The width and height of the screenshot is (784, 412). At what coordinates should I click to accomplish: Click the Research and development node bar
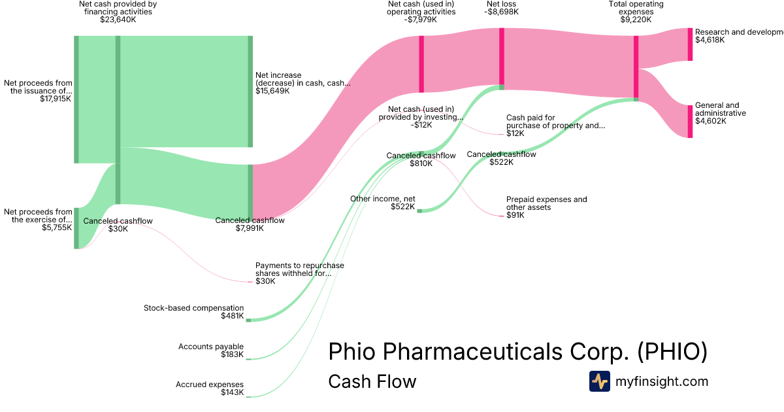[690, 44]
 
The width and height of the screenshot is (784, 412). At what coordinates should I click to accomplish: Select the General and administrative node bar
[690, 122]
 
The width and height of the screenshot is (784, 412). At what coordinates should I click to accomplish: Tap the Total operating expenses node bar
[636, 68]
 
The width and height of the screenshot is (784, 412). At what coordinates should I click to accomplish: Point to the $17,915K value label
[56, 99]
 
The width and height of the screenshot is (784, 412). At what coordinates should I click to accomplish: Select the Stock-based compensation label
[193, 308]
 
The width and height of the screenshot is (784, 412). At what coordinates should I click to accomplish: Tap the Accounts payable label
[211, 347]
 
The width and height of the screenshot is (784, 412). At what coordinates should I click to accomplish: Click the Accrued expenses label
[210, 385]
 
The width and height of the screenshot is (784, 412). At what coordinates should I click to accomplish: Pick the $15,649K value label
[272, 91]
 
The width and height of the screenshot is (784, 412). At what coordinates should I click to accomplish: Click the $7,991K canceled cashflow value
[250, 228]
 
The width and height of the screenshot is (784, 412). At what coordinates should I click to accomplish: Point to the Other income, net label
[383, 199]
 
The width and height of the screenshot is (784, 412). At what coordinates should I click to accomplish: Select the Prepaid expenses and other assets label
[546, 203]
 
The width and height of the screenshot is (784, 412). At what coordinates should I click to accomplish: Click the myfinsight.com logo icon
[599, 381]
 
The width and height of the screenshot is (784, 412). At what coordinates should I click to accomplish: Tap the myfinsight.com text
[662, 381]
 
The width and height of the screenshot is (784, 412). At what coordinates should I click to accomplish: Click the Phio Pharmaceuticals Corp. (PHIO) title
[517, 351]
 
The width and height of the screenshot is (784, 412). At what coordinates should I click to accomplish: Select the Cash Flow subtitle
[372, 381]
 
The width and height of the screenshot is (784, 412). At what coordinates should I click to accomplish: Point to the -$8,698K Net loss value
[502, 12]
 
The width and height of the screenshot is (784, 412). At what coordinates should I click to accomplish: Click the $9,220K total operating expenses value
[636, 20]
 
